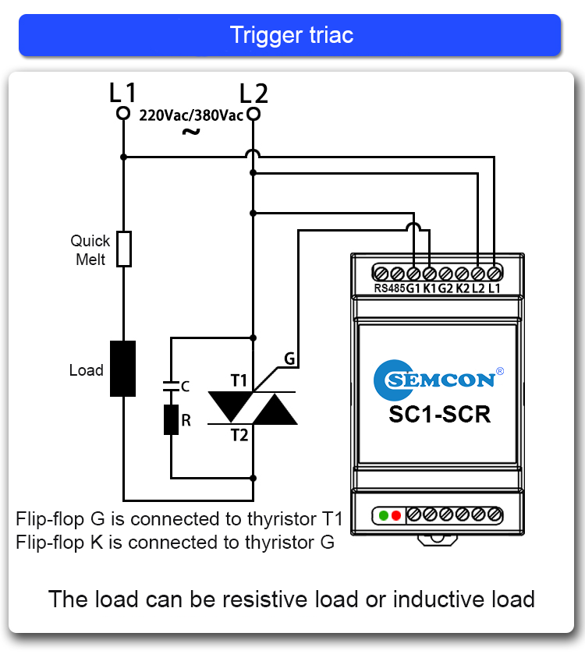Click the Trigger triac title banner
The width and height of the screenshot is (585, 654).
click(x=290, y=35)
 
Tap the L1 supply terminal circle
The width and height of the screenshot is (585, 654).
click(x=122, y=114)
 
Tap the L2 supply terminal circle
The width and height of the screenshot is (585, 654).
click(x=253, y=114)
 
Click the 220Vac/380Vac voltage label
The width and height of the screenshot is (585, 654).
click(x=190, y=115)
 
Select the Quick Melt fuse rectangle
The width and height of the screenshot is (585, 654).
click(x=123, y=249)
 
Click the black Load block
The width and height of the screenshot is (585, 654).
click(x=122, y=369)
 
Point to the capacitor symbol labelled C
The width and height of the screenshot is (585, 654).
click(x=171, y=386)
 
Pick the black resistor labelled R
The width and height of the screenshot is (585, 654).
click(x=171, y=419)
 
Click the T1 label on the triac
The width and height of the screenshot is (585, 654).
click(x=239, y=380)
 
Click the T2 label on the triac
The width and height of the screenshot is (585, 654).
click(x=239, y=435)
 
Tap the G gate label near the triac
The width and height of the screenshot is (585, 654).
click(x=289, y=359)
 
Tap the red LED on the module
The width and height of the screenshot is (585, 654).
click(x=395, y=515)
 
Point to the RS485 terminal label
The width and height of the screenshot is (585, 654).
click(x=389, y=289)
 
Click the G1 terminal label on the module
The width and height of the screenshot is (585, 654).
click(x=413, y=289)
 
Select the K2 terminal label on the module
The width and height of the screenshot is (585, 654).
click(x=463, y=289)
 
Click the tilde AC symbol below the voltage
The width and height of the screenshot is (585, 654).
click(x=190, y=132)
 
